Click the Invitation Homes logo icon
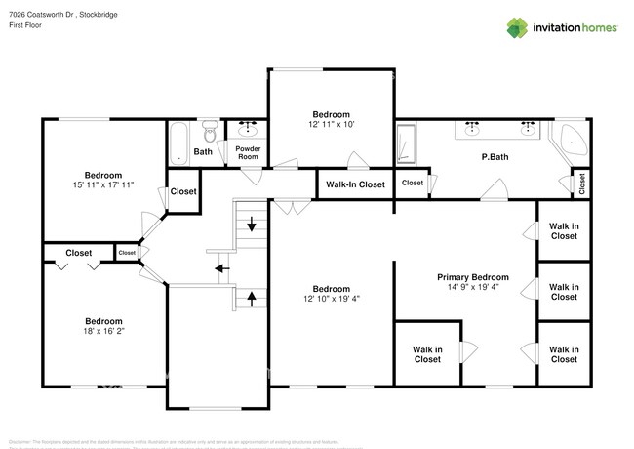(518, 27)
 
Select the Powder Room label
(248, 152)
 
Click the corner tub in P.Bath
(569, 143)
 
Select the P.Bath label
(495, 157)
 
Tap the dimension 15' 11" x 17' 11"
(102, 184)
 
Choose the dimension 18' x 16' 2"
(102, 332)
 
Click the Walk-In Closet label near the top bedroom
(355, 184)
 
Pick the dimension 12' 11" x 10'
(331, 125)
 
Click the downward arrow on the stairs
(252, 226)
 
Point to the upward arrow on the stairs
(252, 299)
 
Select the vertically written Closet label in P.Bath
(582, 182)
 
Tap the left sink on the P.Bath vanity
(473, 127)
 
